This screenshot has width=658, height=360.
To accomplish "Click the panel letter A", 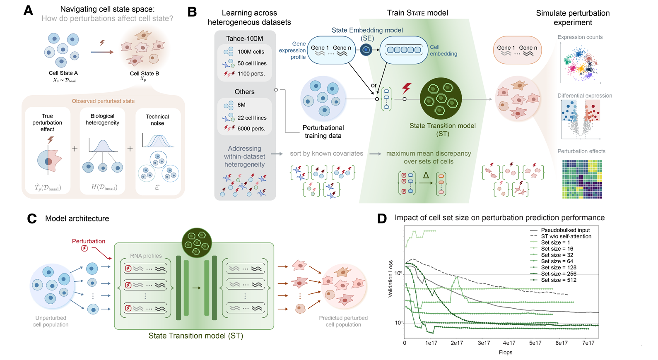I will click(x=28, y=10).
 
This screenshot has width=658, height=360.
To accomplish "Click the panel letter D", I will click(x=382, y=218).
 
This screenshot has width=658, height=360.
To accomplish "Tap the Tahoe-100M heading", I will click(x=244, y=38).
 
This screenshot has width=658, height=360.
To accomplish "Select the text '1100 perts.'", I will click(x=251, y=74).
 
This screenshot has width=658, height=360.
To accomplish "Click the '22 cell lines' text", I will click(x=252, y=118).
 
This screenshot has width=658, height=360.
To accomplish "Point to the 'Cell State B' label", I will click(x=144, y=74).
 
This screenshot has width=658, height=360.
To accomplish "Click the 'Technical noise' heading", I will click(x=157, y=120).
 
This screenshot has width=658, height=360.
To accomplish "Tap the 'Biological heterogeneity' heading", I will click(x=102, y=119).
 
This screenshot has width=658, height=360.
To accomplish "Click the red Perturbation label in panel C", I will click(x=89, y=241).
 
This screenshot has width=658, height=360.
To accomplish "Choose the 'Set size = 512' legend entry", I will click(x=559, y=280).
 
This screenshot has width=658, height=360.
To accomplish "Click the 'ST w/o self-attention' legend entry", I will click(x=566, y=236).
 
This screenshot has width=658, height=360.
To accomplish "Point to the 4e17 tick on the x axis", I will click(x=509, y=343).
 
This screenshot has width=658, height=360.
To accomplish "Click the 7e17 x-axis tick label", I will click(x=588, y=343).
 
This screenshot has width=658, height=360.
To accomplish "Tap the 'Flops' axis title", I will click(x=505, y=353).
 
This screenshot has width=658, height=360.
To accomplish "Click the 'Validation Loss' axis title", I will click(x=390, y=279).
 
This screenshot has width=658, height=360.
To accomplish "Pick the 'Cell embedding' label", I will click(x=443, y=50).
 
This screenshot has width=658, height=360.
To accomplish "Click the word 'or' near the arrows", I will click(x=374, y=85).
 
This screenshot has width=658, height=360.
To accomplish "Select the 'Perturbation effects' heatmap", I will click(x=582, y=179).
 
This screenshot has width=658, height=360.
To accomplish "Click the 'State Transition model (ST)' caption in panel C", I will click(x=195, y=336).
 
